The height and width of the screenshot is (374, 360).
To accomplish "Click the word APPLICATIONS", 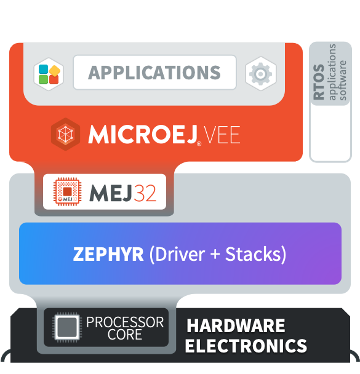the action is coord(154,73).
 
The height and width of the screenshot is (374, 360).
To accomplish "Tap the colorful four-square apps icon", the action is coord(49,74).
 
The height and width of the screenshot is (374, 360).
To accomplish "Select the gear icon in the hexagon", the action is coord(260,74).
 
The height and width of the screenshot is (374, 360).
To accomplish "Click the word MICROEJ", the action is coord(143,134).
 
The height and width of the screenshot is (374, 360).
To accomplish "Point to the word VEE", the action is coord(222,135).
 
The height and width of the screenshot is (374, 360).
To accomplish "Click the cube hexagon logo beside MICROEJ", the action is coord(66,134).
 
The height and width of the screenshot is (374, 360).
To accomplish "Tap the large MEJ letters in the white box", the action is coord(110,193).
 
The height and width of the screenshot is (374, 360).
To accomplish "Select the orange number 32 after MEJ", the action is coord(145,193).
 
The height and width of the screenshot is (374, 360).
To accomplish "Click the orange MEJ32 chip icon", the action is coord(67,191).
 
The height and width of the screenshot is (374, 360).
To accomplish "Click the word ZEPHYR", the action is coord(108,254).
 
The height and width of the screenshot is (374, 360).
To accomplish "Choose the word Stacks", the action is coord(254,254).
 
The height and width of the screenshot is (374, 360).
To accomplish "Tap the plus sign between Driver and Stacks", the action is coord(215,254).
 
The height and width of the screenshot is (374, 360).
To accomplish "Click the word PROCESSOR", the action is coord(125,322).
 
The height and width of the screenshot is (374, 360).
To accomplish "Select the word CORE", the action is coord(125,335).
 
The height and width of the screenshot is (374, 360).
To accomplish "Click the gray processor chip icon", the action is coord(67,327).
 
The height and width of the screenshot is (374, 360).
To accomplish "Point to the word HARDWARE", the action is coord(236,325).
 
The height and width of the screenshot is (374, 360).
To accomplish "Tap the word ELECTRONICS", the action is coord(246,346).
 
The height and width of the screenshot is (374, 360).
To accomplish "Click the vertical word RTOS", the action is coord(319,82).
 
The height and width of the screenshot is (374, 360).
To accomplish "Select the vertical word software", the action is coord(343,81).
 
